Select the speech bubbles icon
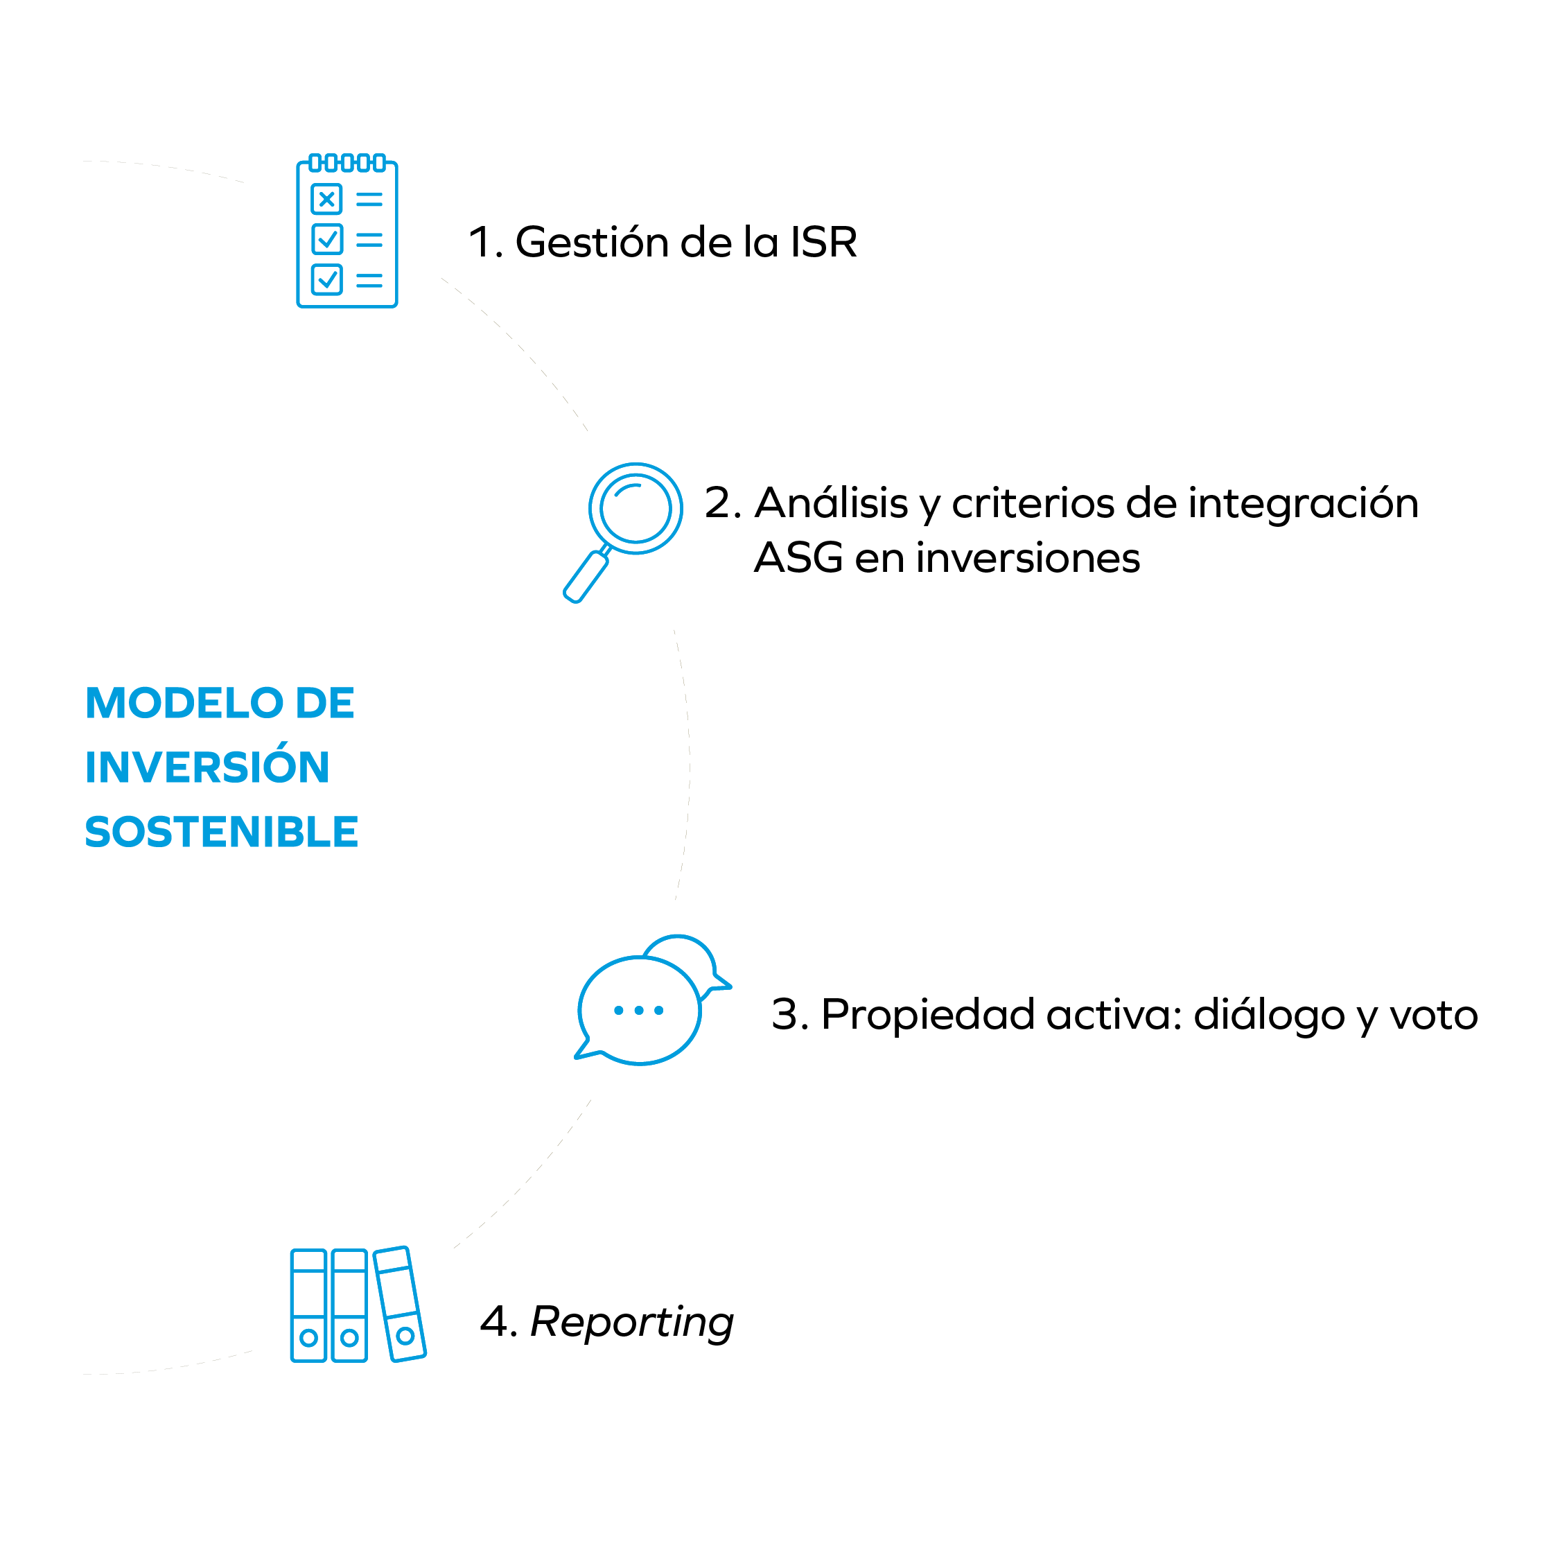pyautogui.click(x=652, y=1000)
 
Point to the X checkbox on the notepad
pyautogui.click(x=326, y=198)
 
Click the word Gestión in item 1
pyautogui.click(x=591, y=242)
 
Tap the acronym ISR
pyautogui.click(x=824, y=242)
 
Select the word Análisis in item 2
pyautogui.click(x=831, y=503)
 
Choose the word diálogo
pyautogui.click(x=1269, y=1015)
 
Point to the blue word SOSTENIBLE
pyautogui.click(x=222, y=831)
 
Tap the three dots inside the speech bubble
pyautogui.click(x=638, y=1010)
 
